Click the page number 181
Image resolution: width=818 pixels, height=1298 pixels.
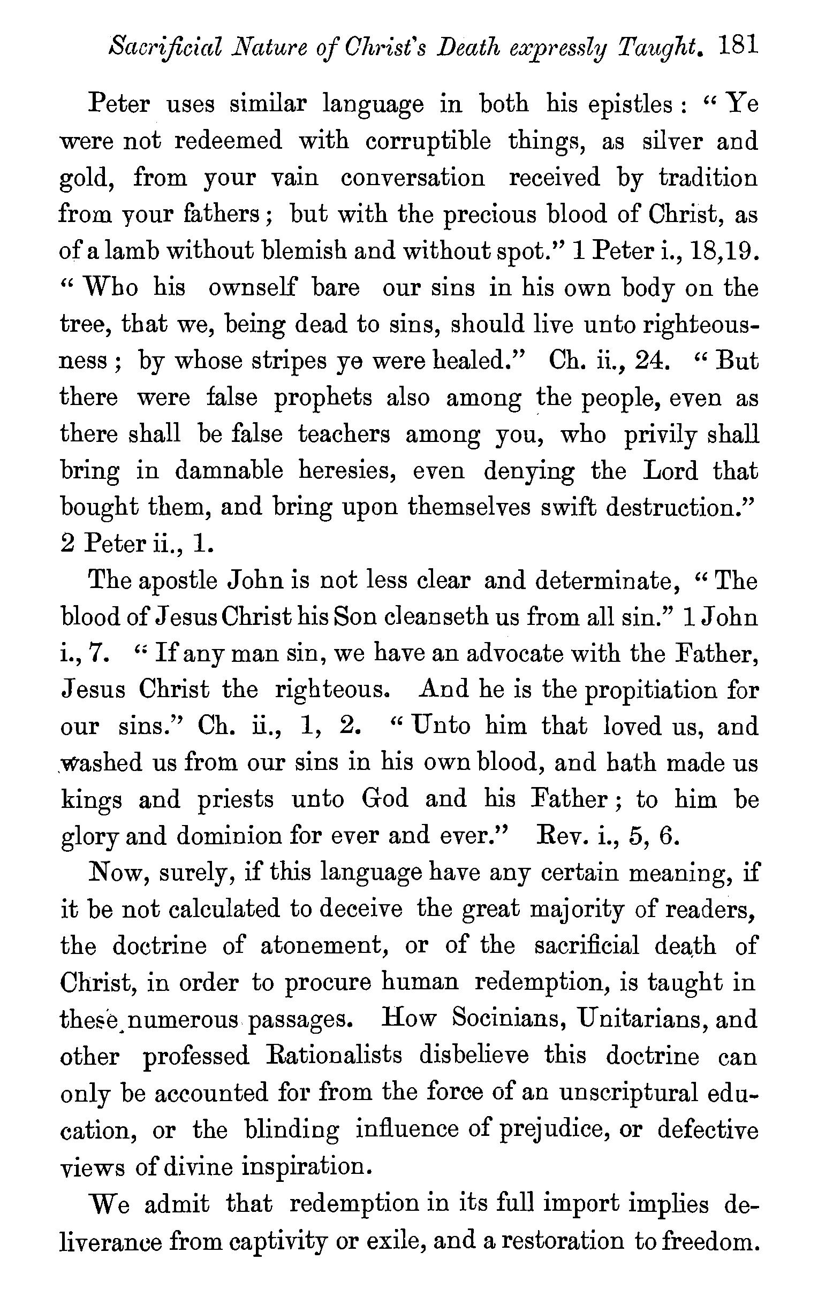coord(739,47)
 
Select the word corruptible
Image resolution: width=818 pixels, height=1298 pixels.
coord(428,141)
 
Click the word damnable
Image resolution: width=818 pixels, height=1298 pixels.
coord(229,471)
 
